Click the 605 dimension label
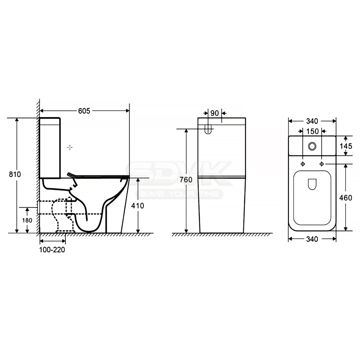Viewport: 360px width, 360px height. [84, 111]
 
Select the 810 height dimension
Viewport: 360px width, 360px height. [15, 174]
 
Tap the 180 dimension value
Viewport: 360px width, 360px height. [27, 220]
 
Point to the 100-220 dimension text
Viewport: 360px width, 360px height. [52, 250]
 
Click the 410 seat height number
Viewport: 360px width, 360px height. [137, 206]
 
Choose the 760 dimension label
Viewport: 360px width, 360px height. [186, 180]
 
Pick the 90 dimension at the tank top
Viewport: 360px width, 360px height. [215, 113]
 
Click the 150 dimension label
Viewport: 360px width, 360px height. [313, 131]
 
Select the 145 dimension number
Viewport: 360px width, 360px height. [346, 146]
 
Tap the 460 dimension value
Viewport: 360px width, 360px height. [346, 198]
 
